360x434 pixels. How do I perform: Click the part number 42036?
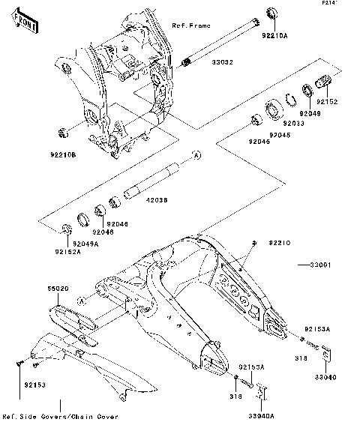point(156,199)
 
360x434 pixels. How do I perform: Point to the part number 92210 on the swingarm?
point(280,244)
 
